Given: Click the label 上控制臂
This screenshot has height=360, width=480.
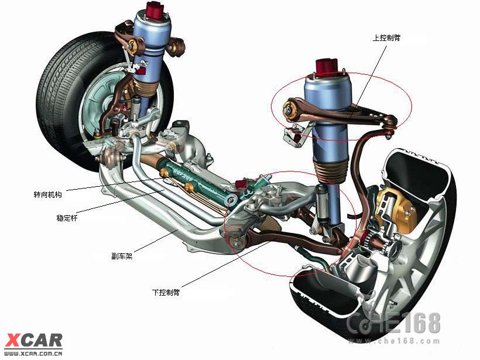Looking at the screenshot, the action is point(386,38).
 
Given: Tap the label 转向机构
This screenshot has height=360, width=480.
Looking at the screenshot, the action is point(48,195).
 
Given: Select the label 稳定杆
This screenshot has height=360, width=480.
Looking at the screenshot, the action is point(67,218).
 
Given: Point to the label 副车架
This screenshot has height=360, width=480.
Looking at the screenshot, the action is point(122,256).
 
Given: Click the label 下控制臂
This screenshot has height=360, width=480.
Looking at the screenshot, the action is point(166,292).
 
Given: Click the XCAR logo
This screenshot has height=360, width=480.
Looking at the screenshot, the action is point(33,341).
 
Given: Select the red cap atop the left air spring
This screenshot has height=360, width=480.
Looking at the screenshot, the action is point(155,10).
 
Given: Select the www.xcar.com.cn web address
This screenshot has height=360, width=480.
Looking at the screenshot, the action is point(33,354).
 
